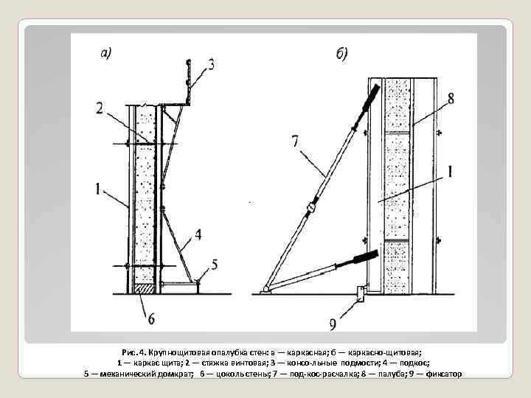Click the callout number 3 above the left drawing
(x=212, y=66)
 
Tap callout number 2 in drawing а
(x=100, y=109)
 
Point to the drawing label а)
(x=105, y=53)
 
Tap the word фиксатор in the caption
(x=442, y=374)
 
